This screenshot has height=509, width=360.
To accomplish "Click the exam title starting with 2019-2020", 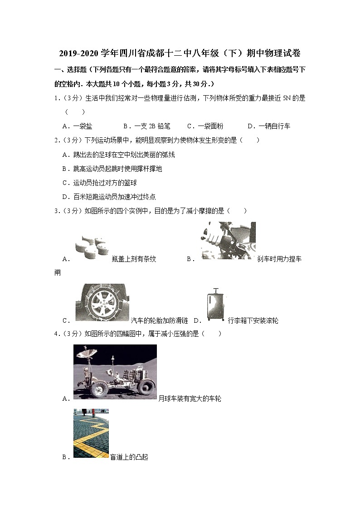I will (180, 53).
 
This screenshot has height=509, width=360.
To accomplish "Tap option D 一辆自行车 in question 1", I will (268, 126).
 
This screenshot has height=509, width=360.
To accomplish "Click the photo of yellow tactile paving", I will (91, 433).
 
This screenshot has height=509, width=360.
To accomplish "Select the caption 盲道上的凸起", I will (129, 457).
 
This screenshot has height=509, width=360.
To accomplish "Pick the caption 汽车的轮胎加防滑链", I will (159, 321).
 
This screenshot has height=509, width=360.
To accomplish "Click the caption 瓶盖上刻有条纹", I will (134, 259).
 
